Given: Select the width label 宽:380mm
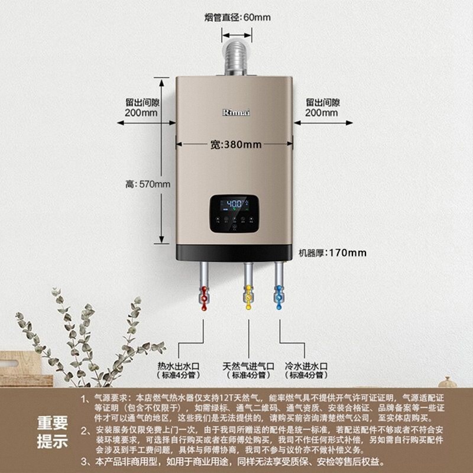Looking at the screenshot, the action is (x=236, y=145).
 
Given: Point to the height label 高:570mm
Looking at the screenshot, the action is (x=148, y=184).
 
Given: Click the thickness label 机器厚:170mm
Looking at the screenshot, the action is (x=332, y=253).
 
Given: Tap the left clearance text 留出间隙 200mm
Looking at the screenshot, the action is (x=142, y=107).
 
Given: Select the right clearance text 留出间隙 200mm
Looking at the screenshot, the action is (x=323, y=107).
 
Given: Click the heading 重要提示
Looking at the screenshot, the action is (x=52, y=432).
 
